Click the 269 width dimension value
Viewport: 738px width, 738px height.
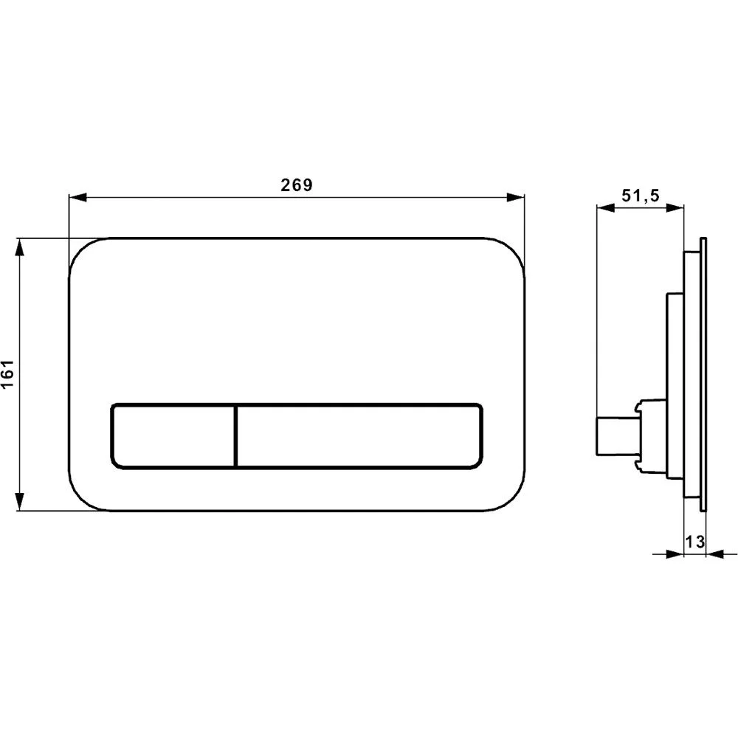[x=296, y=185]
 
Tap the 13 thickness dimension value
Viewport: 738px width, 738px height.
[x=693, y=542]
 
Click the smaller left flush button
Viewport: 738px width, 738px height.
[x=173, y=435]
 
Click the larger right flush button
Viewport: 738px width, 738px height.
[x=360, y=435]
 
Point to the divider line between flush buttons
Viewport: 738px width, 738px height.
[x=235, y=435]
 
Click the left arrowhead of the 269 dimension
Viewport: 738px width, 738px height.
[x=75, y=197]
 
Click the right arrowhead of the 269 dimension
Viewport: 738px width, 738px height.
[x=517, y=197]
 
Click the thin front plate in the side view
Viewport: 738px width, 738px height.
[x=703, y=373]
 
